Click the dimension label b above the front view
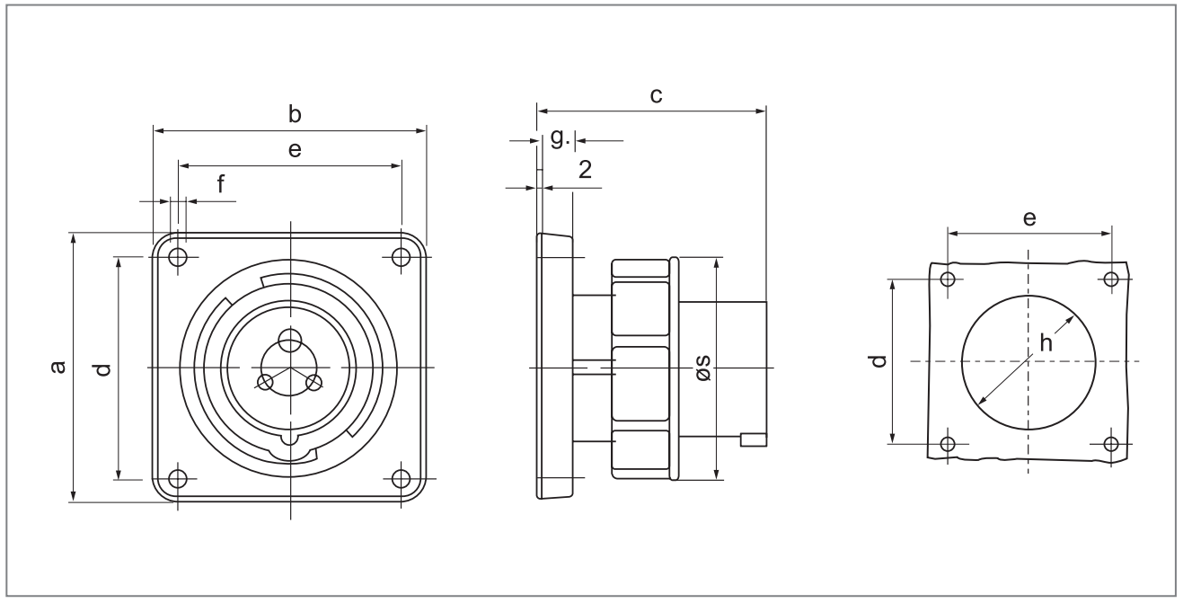click(294, 115)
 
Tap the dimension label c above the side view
click(657, 94)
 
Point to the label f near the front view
click(221, 184)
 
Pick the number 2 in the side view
click(586, 170)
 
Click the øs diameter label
click(703, 368)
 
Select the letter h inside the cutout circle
click(1045, 341)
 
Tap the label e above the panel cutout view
click(1030, 218)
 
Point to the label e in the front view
click(294, 150)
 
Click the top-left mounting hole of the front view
click(178, 257)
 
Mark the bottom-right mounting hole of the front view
click(402, 478)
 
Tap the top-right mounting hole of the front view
click(402, 257)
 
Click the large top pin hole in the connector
click(289, 341)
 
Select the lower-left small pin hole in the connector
click(264, 382)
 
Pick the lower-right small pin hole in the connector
click(314, 382)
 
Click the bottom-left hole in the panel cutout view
click(947, 443)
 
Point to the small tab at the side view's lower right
click(753, 439)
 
